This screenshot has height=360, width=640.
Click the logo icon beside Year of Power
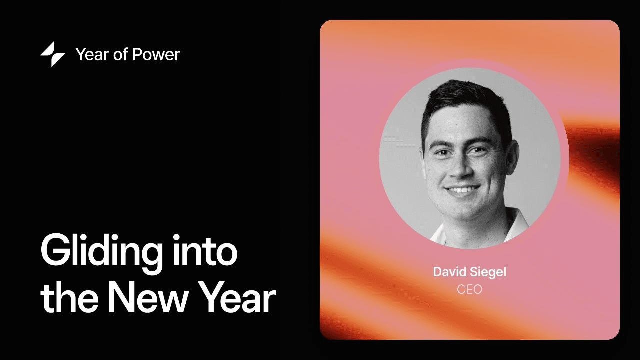53,54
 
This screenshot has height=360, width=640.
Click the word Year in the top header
91,54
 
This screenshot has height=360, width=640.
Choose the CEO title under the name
469,289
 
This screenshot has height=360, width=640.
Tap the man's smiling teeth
462,190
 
